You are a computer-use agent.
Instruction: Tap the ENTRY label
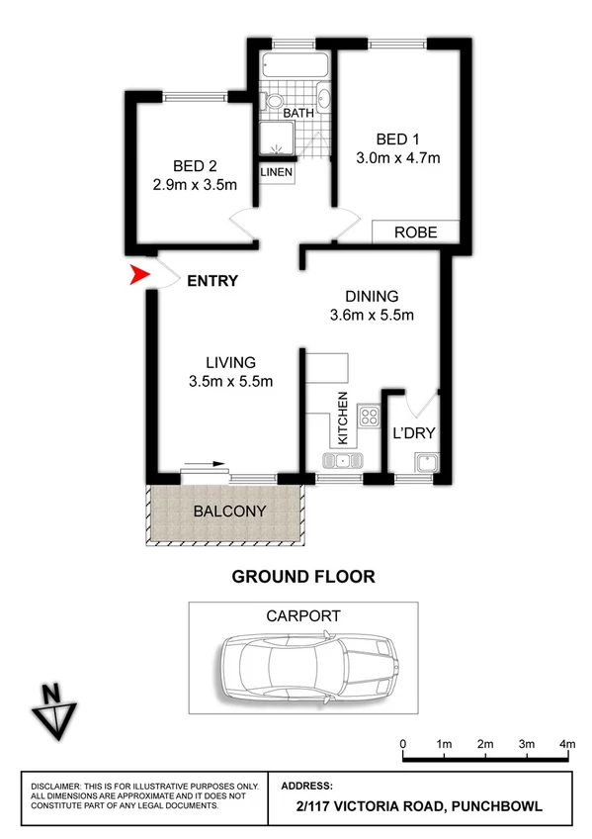coord(212,281)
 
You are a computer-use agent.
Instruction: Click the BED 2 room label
coord(194,165)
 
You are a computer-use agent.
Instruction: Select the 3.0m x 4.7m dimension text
coord(397,156)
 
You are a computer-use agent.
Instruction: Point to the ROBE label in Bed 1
coord(416,233)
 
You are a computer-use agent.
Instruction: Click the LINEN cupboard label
coord(277,172)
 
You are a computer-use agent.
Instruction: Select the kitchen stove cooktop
coord(370,416)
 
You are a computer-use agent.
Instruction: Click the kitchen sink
coord(342,460)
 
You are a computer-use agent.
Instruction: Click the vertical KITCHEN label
coord(343,417)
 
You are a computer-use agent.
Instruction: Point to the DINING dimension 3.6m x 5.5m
coord(371,316)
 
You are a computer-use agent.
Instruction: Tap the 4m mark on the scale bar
coord(567,744)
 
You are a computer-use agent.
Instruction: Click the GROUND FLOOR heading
coord(302,577)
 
